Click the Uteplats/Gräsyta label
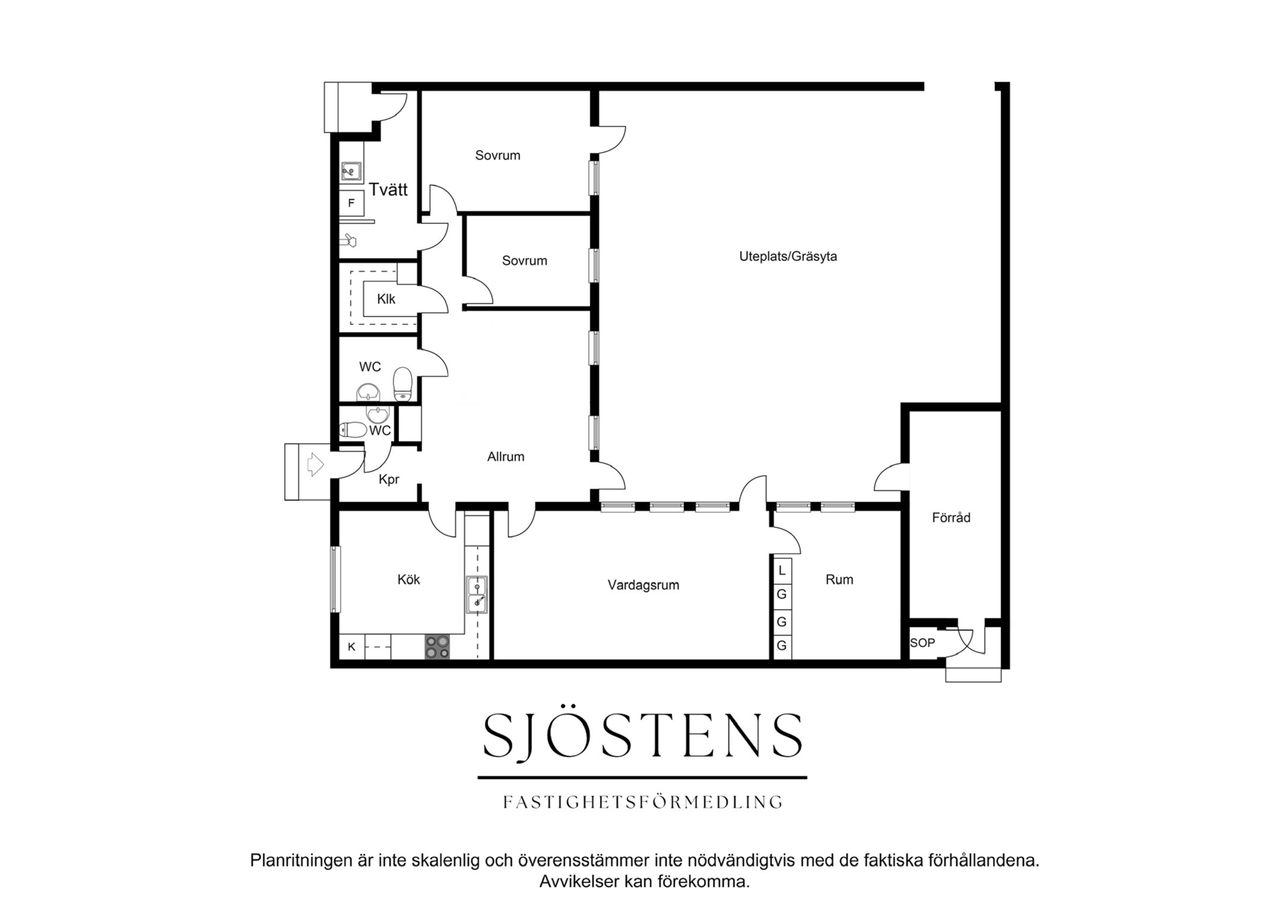click(788, 256)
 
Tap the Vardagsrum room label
click(643, 585)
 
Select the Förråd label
click(951, 518)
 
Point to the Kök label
click(409, 579)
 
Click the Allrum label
click(506, 457)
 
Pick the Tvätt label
click(388, 189)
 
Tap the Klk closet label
click(386, 299)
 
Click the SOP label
click(922, 643)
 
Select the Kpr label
click(388, 480)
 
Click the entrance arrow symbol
click(315, 464)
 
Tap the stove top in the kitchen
click(437, 647)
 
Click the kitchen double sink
click(476, 595)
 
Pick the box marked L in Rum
click(782, 571)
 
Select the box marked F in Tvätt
click(351, 203)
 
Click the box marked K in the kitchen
click(352, 647)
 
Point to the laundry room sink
click(351, 172)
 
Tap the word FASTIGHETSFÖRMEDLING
click(643, 802)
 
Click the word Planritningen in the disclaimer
click(300, 861)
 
